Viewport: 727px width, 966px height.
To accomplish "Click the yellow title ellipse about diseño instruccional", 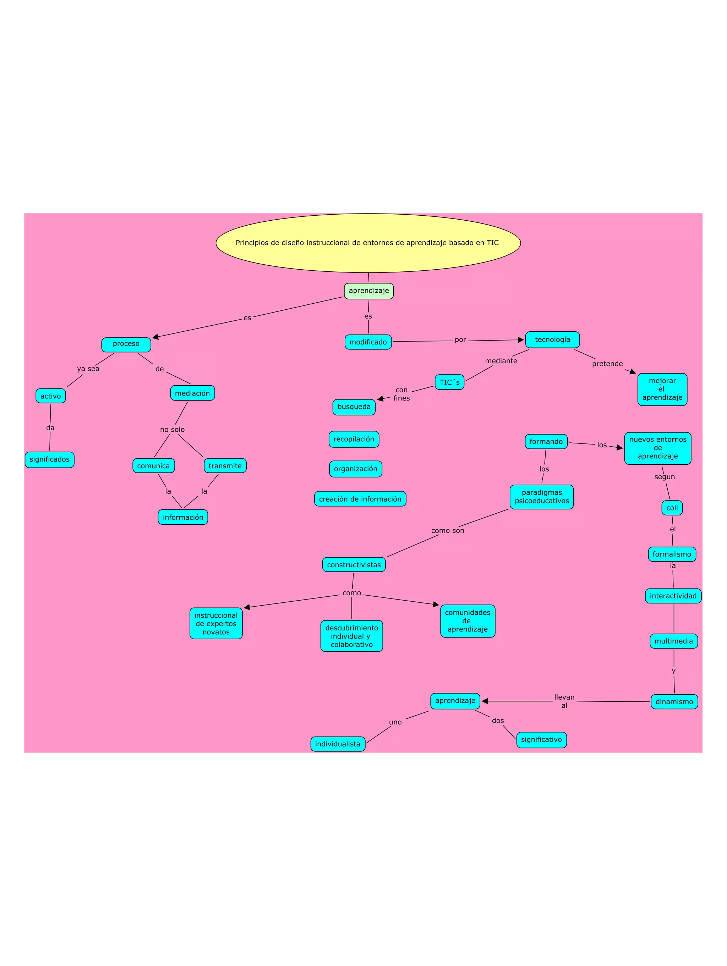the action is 368,243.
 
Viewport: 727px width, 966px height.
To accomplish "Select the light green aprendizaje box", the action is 369,291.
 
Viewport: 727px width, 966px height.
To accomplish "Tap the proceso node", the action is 126,344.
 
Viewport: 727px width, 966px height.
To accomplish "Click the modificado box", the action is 368,342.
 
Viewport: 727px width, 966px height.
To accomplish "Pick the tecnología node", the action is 552,340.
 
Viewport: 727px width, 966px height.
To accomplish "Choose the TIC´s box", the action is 449,382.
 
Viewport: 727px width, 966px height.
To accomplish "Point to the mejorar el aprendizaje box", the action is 662,389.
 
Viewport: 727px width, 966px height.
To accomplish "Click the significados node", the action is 49,459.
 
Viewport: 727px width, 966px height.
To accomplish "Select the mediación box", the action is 192,393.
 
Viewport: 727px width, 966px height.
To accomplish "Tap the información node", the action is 182,517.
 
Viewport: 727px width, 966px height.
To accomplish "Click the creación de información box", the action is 360,499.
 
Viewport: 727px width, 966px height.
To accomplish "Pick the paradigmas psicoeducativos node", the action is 541,497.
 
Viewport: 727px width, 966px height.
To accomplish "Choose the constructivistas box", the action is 354,565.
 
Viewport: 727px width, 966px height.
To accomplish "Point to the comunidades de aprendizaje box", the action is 468,620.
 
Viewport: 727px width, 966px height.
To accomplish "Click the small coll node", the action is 672,508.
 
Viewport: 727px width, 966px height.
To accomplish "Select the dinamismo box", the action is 674,702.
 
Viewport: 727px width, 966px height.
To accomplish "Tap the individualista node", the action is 338,744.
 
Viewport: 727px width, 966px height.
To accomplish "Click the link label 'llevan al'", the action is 564,701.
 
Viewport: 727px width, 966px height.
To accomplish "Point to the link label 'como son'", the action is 447,531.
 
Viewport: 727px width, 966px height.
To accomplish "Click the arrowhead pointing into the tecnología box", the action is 520,340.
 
